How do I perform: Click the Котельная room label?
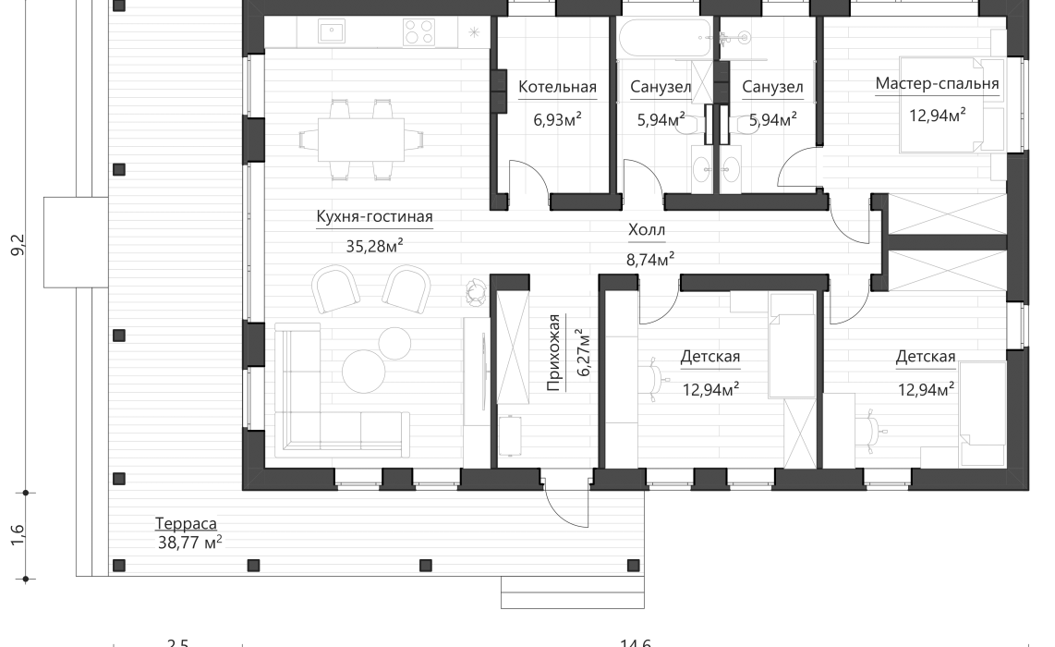(x=557, y=88)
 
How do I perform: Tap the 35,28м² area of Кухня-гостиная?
(x=374, y=246)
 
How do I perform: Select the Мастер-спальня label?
(x=937, y=85)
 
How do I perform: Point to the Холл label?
(x=646, y=230)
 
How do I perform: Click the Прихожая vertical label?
(x=554, y=353)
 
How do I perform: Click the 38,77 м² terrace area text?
(x=189, y=543)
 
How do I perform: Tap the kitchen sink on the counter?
(x=332, y=32)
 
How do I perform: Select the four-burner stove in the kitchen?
(x=418, y=32)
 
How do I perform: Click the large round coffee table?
(x=363, y=371)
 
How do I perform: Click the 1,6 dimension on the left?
(x=19, y=535)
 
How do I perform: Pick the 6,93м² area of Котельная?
(x=557, y=119)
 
